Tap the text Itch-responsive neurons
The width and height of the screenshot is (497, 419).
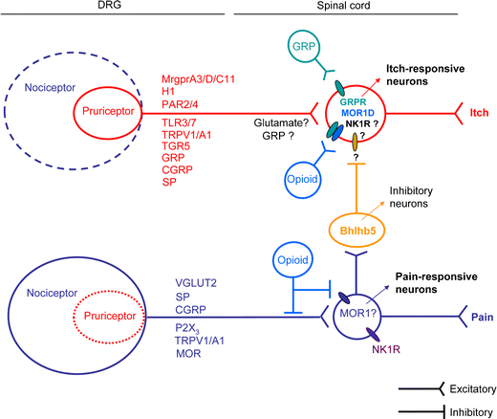[423, 75]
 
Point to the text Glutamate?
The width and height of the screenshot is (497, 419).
[282, 123]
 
